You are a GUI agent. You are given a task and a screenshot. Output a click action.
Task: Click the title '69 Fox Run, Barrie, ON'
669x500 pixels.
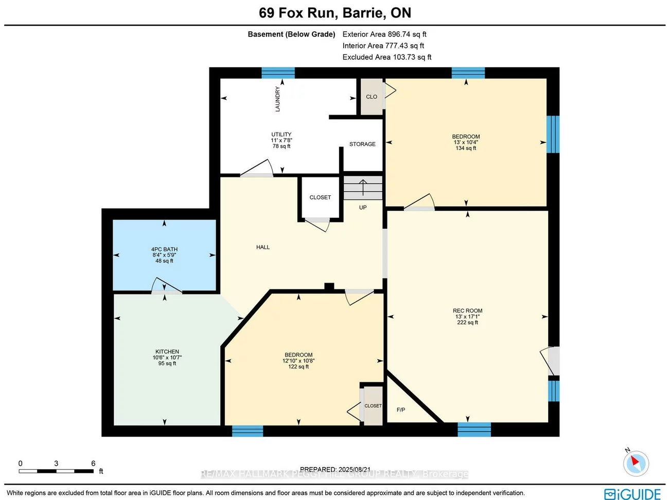334,13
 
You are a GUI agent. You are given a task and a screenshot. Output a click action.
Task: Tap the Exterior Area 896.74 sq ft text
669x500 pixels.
384,34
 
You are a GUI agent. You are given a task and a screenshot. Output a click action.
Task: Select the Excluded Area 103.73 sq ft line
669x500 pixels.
387,57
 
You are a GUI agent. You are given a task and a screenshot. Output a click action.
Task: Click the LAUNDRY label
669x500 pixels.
278,99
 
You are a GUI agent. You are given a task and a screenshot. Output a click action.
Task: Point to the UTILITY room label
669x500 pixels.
281,135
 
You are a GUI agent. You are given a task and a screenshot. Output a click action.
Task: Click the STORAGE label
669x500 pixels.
362,144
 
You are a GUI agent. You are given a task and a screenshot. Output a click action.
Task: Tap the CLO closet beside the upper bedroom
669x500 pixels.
372,97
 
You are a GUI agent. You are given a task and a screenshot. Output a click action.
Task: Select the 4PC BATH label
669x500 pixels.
164,249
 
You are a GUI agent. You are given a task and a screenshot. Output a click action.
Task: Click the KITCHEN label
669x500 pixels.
167,352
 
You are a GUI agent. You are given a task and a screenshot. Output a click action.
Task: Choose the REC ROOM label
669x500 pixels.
467,311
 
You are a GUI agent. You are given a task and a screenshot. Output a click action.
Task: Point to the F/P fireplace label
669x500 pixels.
401,410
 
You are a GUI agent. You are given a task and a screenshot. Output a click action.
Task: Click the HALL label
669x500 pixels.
263,247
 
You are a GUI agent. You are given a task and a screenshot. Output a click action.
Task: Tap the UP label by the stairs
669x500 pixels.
363,208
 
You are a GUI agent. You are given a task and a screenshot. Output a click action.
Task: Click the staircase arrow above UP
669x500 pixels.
363,188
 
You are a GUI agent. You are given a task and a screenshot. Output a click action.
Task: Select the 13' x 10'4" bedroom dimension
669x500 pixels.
466,142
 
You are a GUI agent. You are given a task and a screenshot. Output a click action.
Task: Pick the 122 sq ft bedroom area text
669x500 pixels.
298,367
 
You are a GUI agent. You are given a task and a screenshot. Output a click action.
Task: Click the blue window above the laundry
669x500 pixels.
278,72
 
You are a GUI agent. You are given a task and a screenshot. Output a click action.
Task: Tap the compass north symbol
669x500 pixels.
636,463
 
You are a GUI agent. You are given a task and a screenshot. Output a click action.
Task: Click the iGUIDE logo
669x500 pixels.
632,494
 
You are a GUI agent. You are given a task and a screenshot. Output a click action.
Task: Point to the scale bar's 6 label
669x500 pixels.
93,464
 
